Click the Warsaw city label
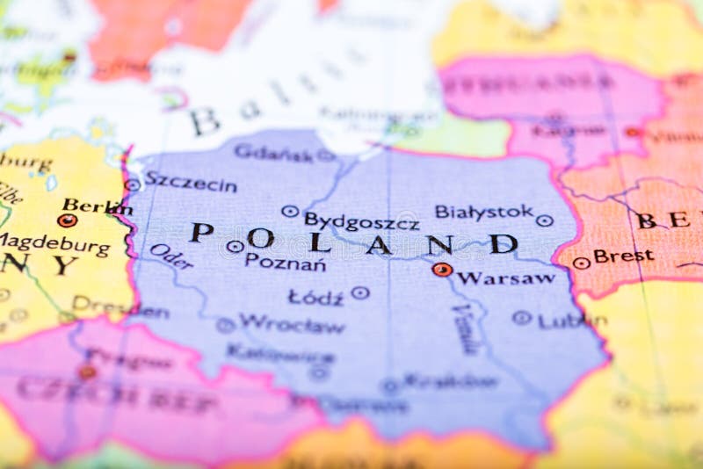click(506, 278)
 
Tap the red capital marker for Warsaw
click(442, 270)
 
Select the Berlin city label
click(97, 206)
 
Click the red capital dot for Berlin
click(67, 220)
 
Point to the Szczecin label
click(191, 183)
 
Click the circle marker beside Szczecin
click(133, 184)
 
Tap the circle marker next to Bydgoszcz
click(290, 211)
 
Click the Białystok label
click(483, 212)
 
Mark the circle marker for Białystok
click(545, 220)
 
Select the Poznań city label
click(285, 262)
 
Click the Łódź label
click(315, 298)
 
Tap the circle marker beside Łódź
click(360, 292)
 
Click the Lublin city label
click(571, 321)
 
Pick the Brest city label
click(623, 256)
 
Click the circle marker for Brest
click(581, 263)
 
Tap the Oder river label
click(170, 256)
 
